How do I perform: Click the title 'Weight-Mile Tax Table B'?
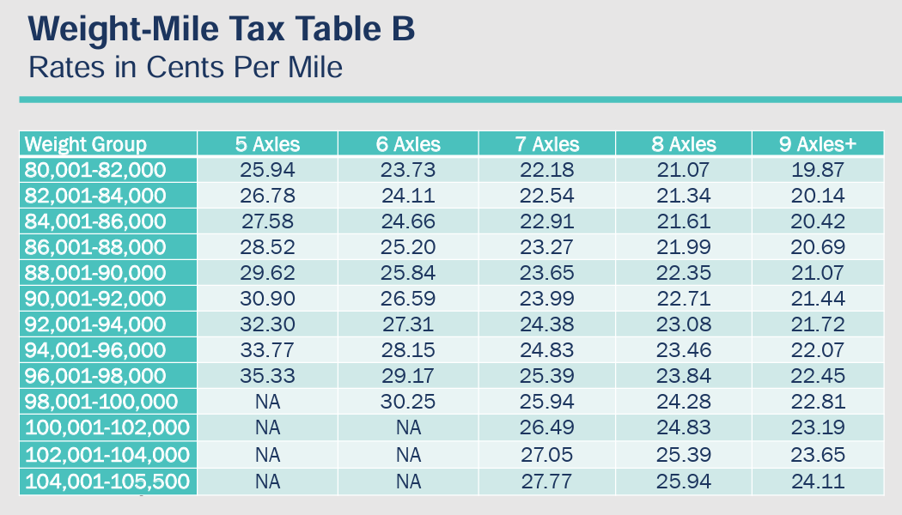(x=222, y=30)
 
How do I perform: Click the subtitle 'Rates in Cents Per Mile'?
(x=186, y=67)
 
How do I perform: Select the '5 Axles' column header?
(x=268, y=144)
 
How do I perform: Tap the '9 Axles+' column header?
(x=818, y=144)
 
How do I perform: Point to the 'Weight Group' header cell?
(x=85, y=144)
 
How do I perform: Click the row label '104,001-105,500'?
(x=107, y=482)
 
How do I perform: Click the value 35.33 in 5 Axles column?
(x=268, y=377)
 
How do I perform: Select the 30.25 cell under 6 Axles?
(x=408, y=403)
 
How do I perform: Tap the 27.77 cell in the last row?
(x=547, y=482)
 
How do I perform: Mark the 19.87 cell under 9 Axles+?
(x=818, y=169)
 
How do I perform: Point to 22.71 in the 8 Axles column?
(x=684, y=299)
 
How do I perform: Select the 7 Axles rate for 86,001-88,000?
(x=547, y=247)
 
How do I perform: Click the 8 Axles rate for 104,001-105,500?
(x=684, y=482)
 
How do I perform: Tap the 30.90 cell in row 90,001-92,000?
(x=268, y=299)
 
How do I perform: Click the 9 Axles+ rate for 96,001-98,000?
(x=818, y=377)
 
